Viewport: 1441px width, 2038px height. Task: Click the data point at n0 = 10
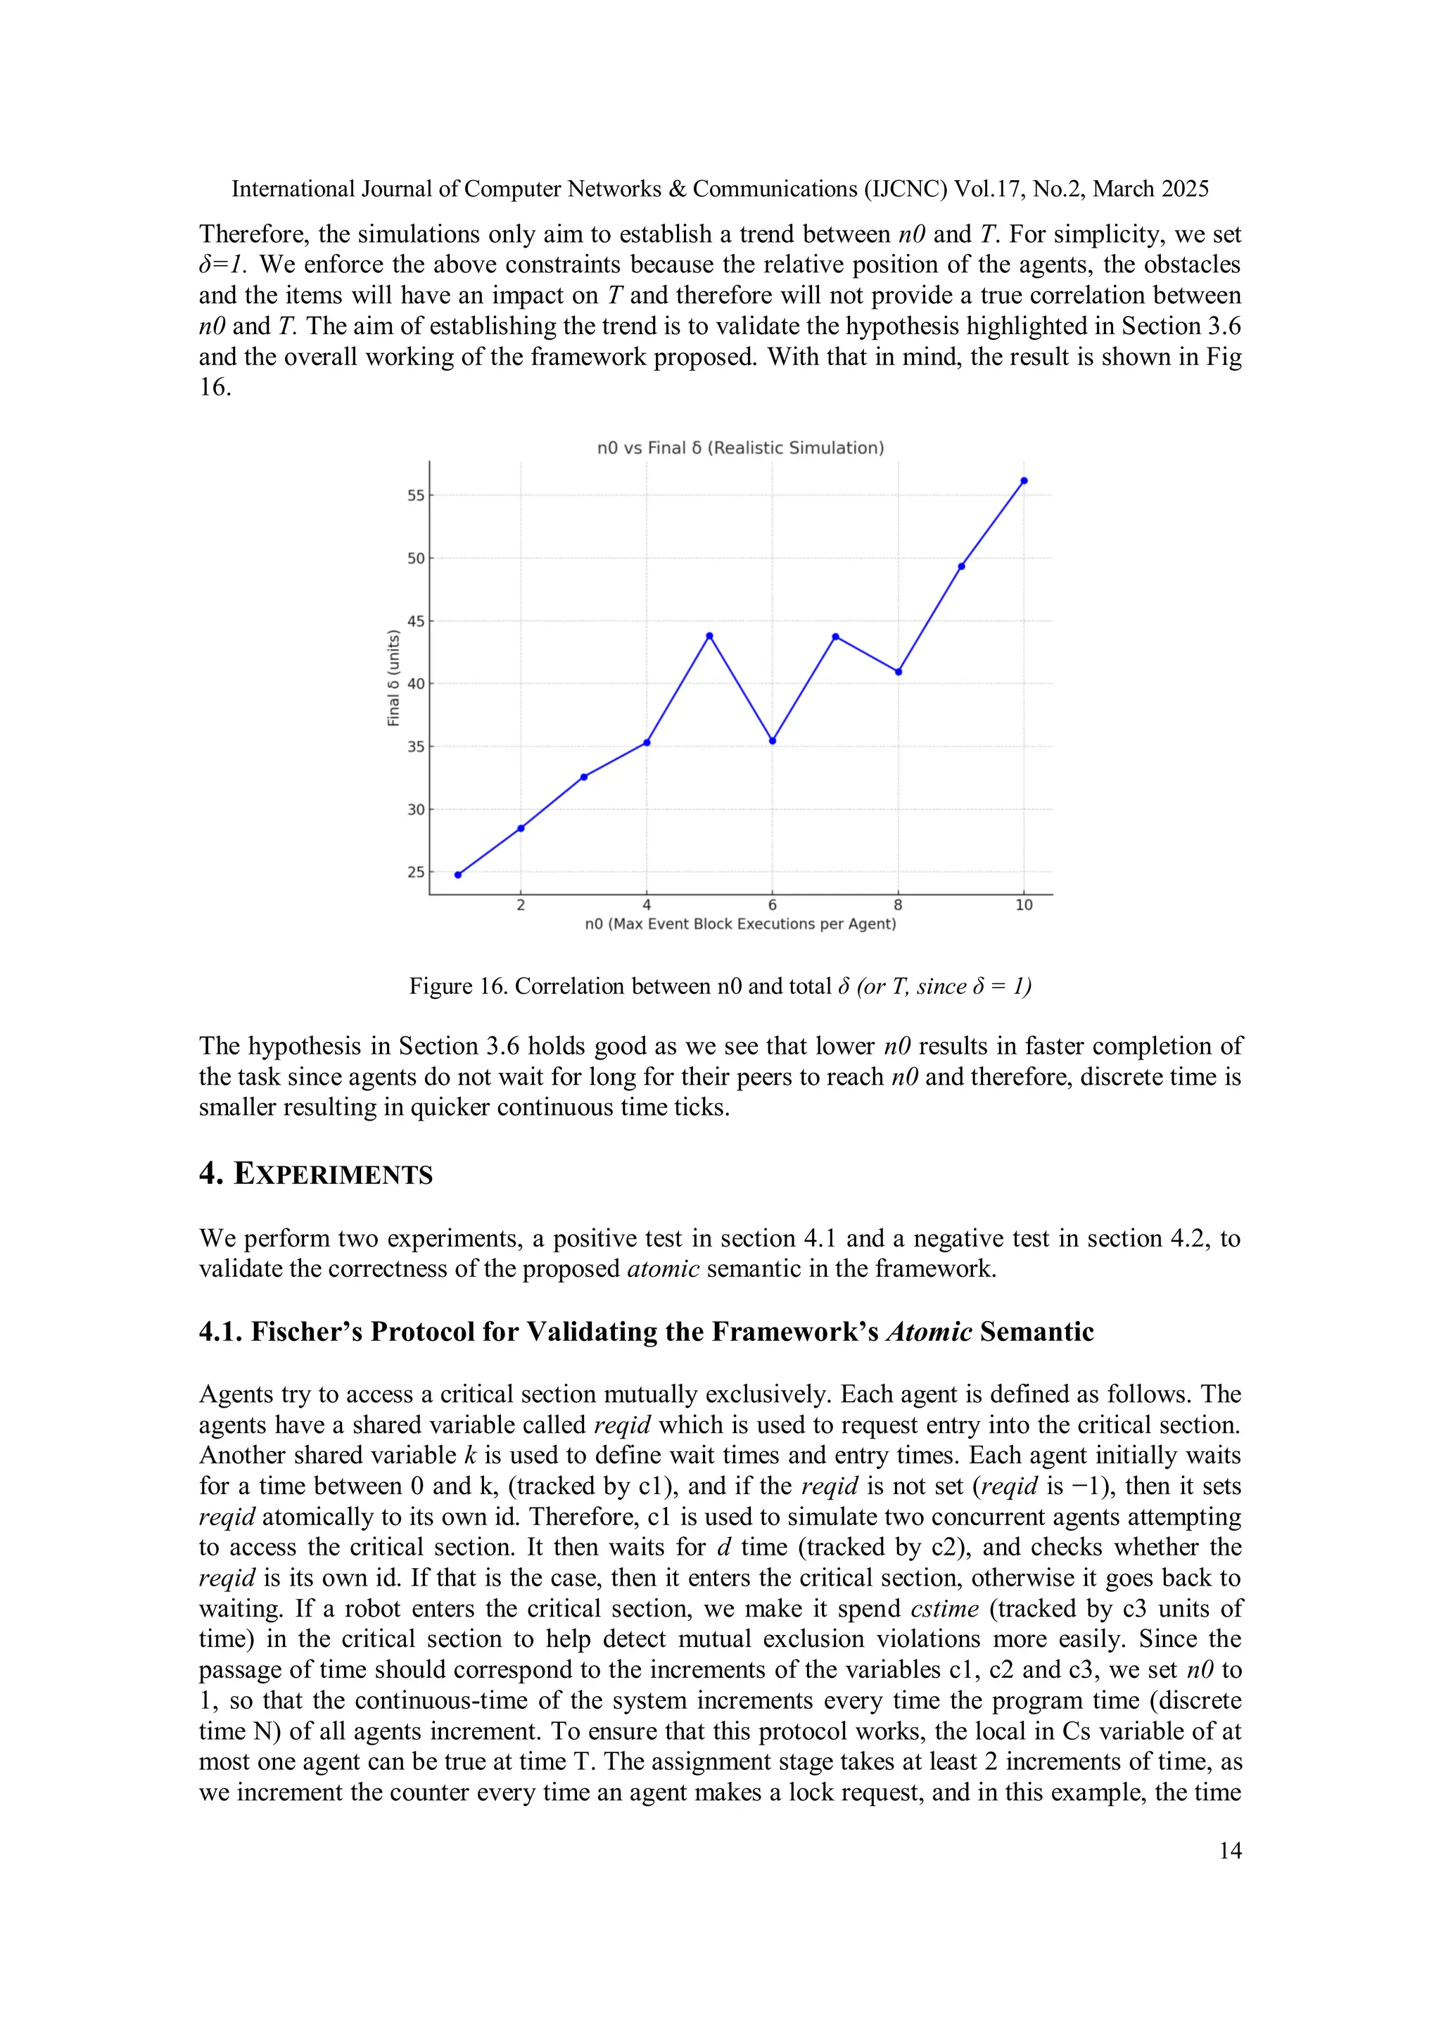tap(1024, 481)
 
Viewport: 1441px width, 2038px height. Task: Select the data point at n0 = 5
tap(709, 635)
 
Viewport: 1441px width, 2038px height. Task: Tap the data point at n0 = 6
tap(773, 740)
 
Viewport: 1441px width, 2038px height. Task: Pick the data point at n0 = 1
tap(458, 875)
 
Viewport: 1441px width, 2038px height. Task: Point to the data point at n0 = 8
tap(899, 672)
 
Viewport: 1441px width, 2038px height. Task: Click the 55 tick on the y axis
tap(416, 495)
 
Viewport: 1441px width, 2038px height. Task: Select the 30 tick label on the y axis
tap(416, 810)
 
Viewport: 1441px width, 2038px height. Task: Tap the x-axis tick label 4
tap(647, 905)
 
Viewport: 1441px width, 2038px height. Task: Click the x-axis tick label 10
tap(1024, 905)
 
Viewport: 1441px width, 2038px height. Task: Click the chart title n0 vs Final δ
tap(740, 448)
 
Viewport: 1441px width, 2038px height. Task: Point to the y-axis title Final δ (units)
tap(393, 678)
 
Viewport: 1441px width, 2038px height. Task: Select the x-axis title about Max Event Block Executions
tap(740, 924)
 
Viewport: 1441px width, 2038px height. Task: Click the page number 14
tap(1230, 1851)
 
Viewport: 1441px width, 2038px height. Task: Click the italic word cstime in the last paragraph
tap(945, 1608)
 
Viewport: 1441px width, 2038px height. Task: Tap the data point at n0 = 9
tap(962, 566)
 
